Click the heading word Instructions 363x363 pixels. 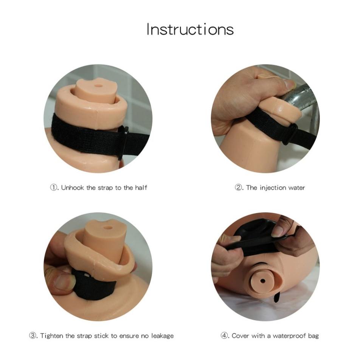(x=190, y=29)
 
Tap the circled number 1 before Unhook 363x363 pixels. (x=53, y=187)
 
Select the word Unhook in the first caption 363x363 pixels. (x=72, y=188)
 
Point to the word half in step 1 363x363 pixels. (x=141, y=187)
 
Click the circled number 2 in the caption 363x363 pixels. (x=238, y=187)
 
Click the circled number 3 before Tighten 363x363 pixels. (x=33, y=335)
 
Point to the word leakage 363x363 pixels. (x=162, y=336)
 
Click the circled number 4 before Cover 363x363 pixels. (x=224, y=335)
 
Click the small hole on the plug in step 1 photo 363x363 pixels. (x=99, y=86)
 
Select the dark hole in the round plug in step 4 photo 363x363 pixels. (x=262, y=281)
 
